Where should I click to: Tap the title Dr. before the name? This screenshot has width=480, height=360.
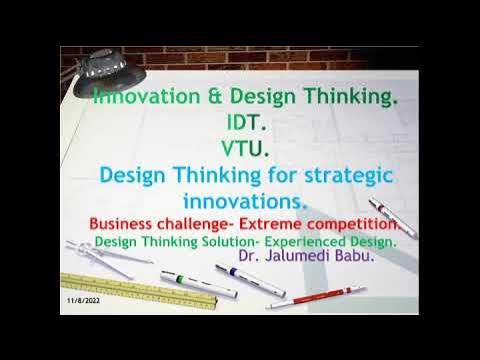[249, 257]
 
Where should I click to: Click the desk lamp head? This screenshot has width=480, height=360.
[104, 66]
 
